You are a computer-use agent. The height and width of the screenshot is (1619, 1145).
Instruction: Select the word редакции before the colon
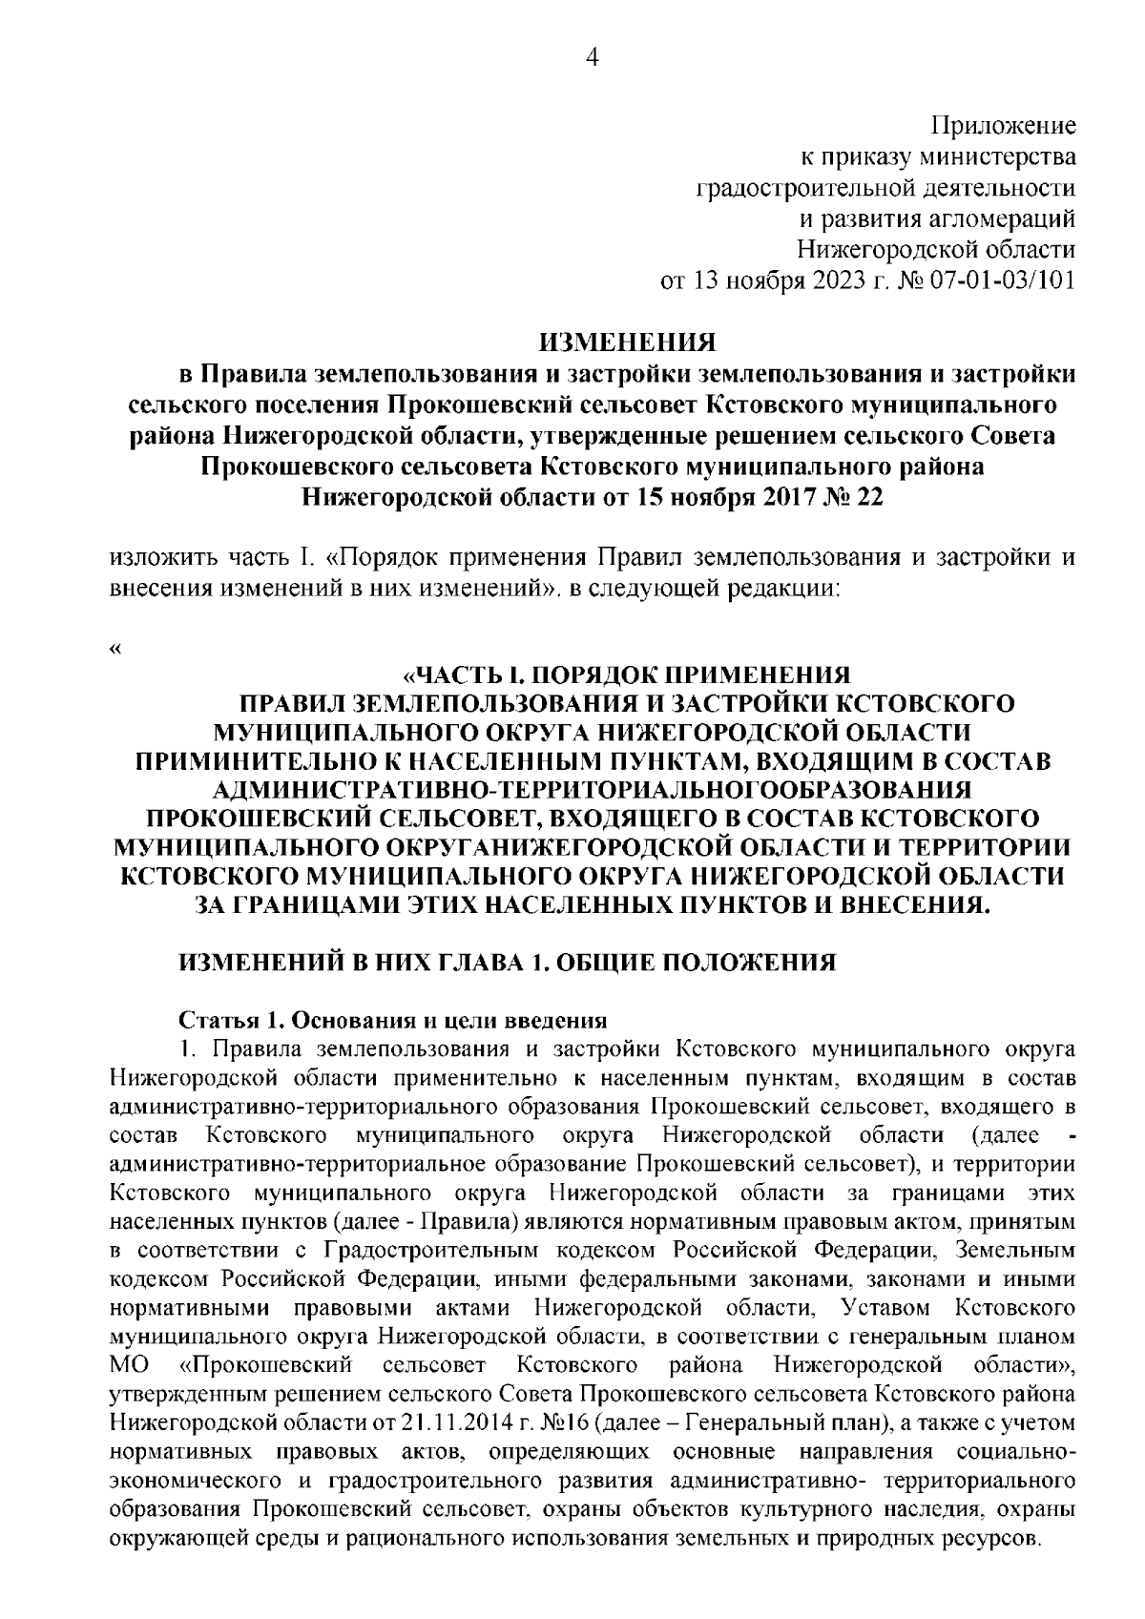(781, 590)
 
